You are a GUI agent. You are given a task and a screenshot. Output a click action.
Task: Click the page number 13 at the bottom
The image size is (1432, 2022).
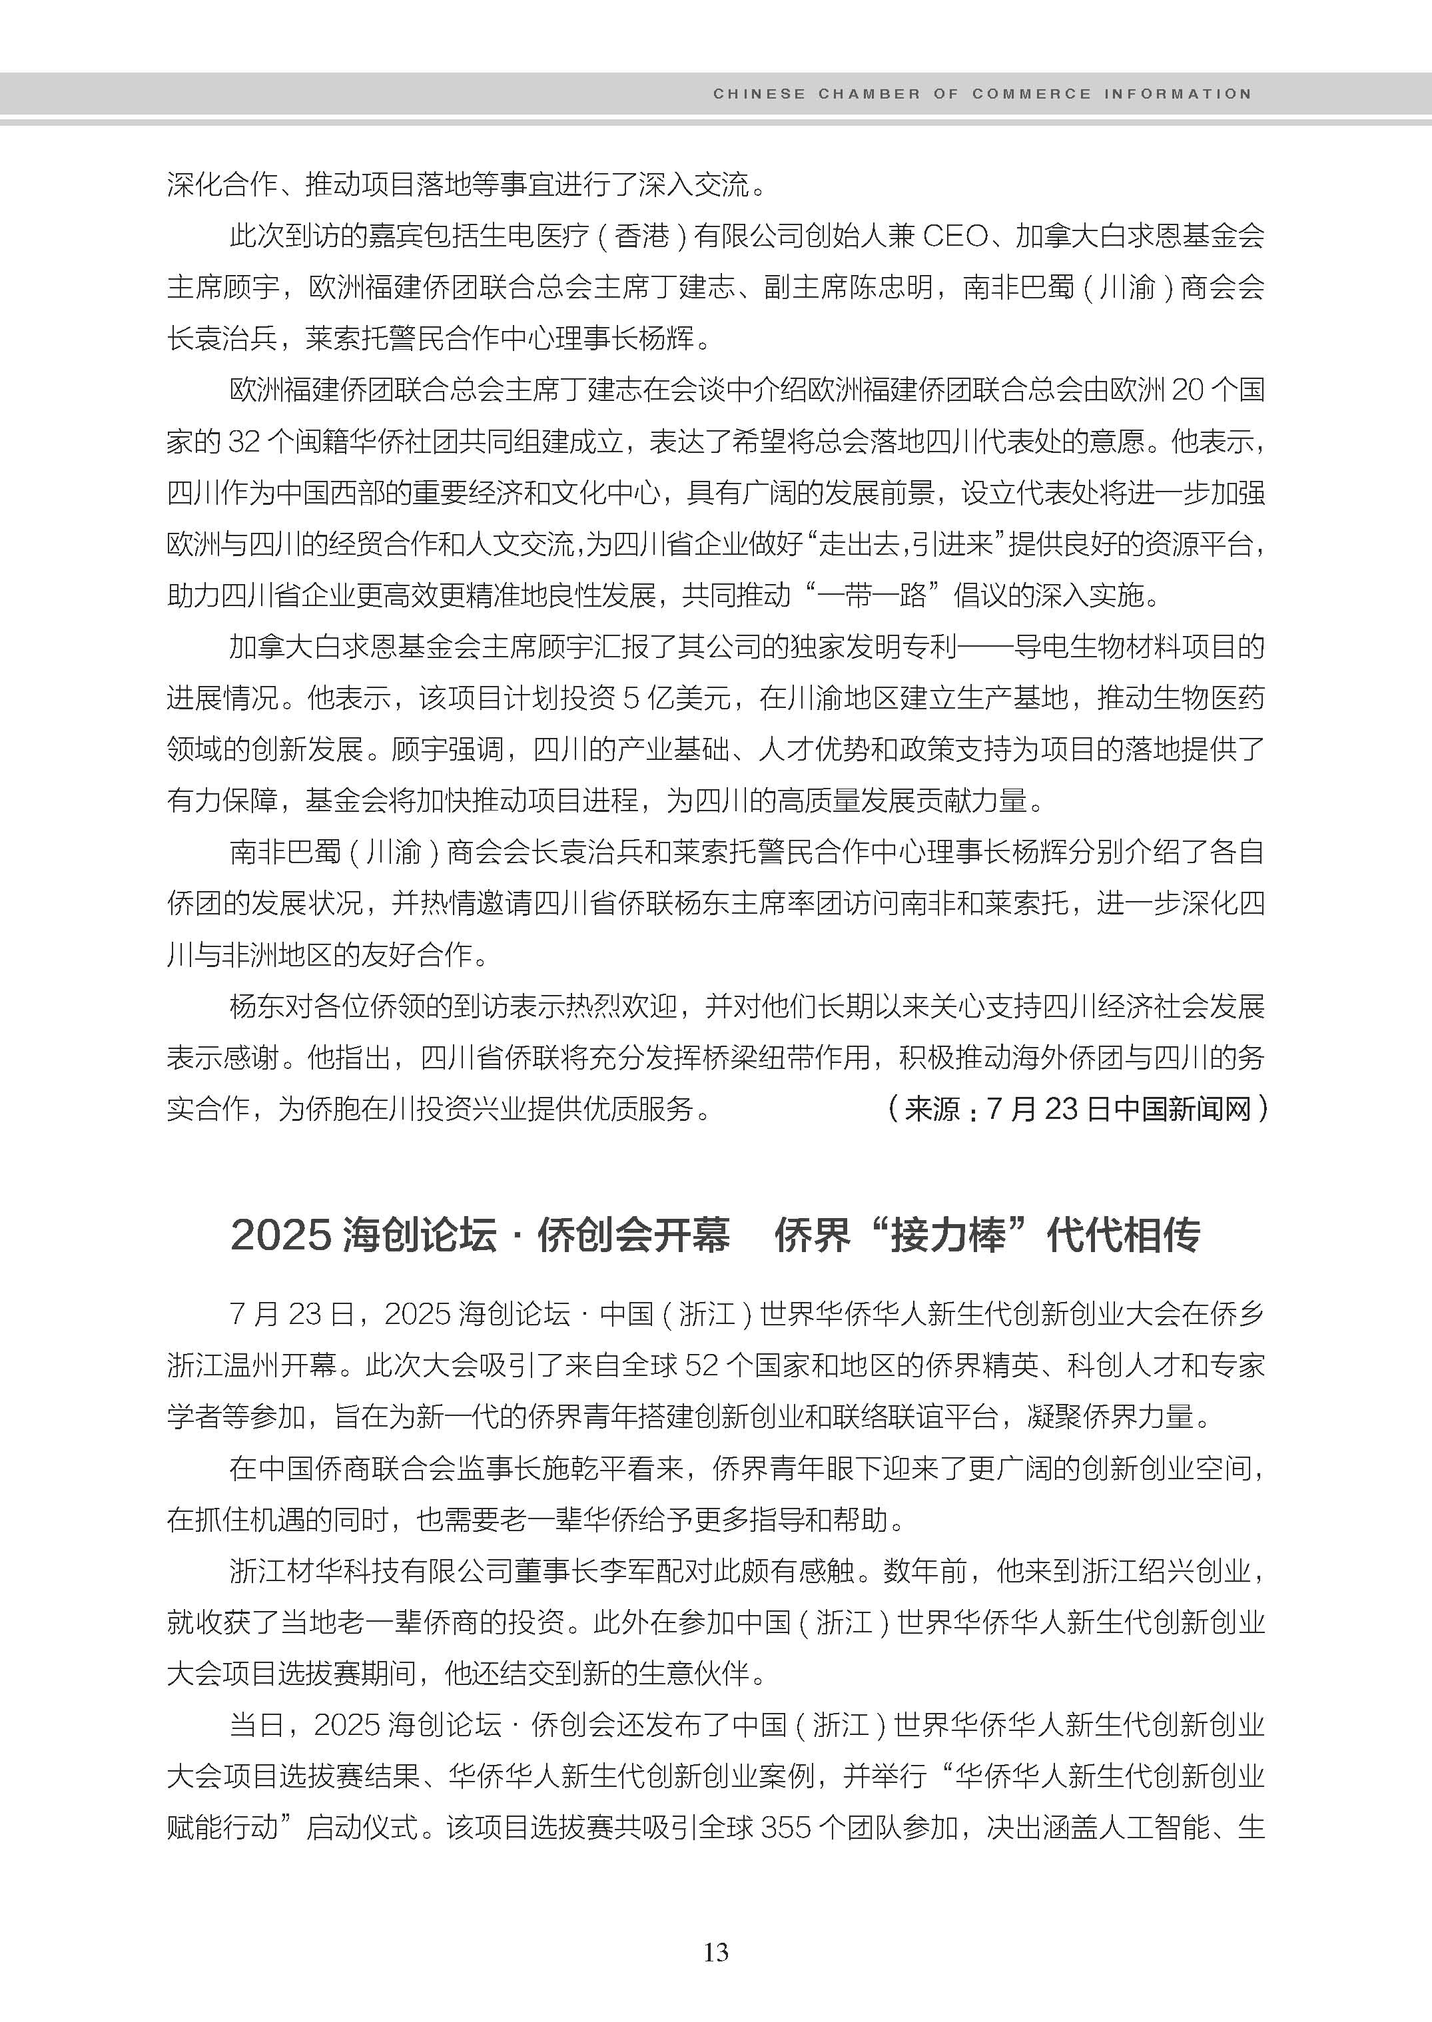(x=716, y=1952)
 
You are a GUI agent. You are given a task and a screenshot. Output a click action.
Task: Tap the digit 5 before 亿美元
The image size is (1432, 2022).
(x=631, y=699)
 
